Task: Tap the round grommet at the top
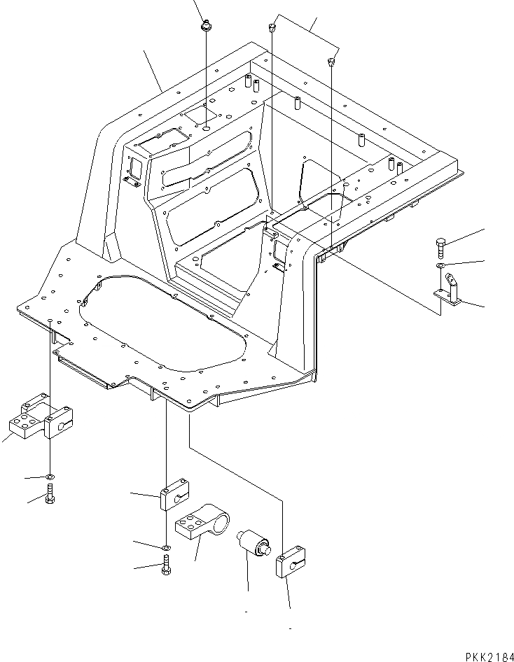(x=206, y=27)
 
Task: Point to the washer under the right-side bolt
(x=438, y=267)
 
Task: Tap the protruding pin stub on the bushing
(x=266, y=551)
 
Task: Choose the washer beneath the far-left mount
(x=51, y=478)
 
